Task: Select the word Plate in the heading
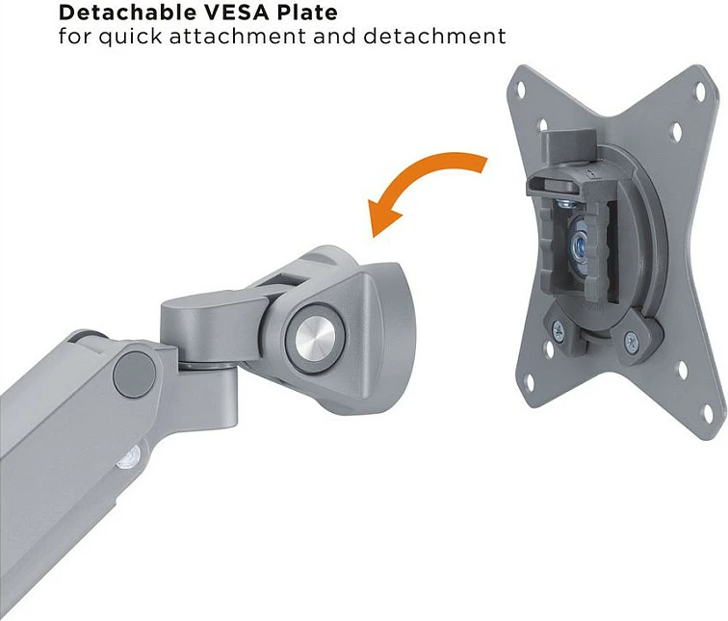pyautogui.click(x=307, y=13)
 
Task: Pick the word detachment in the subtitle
pyautogui.click(x=434, y=37)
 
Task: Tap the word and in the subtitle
pyautogui.click(x=334, y=37)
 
